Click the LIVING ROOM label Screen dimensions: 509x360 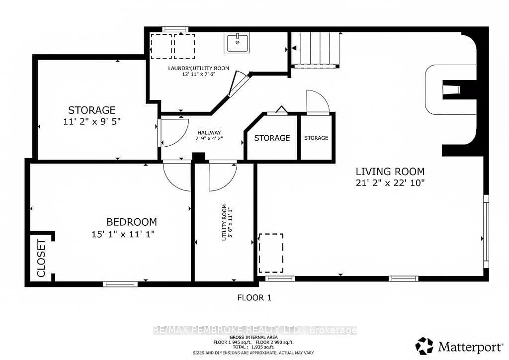[x=390, y=172]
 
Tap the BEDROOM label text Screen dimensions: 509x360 [x=132, y=222]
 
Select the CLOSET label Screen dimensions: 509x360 [x=41, y=259]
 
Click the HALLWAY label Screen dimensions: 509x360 [x=209, y=132]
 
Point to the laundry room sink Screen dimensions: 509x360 [x=237, y=43]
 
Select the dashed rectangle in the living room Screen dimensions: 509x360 [x=271, y=253]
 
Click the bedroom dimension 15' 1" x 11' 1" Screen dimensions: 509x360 [x=123, y=234]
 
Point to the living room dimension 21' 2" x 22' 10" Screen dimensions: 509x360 [x=390, y=183]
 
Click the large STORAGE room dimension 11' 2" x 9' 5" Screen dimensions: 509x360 [x=92, y=122]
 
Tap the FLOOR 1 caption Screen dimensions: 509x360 [x=254, y=297]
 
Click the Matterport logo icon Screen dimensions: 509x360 [x=424, y=346]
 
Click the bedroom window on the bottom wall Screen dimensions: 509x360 [x=120, y=284]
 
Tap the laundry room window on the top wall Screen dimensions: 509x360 [x=175, y=29]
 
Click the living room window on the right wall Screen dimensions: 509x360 [x=486, y=231]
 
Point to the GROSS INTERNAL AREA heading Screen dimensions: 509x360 [x=254, y=338]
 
